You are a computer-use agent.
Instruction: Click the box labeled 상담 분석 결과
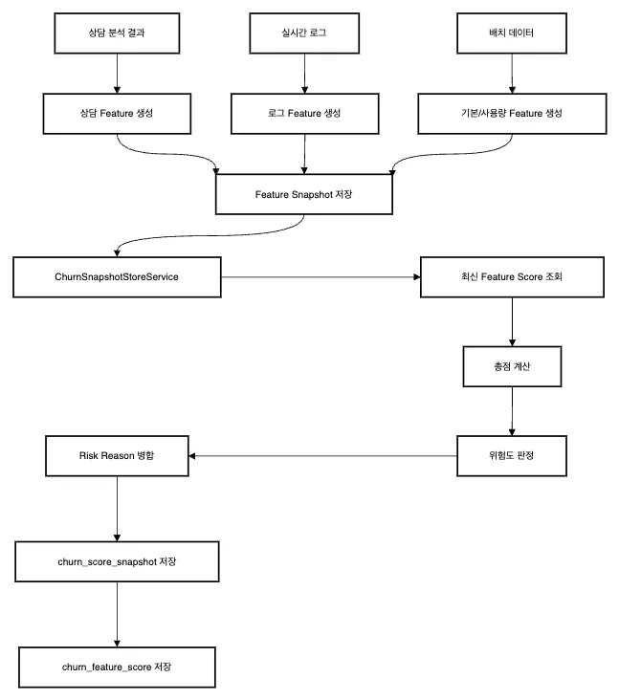117,33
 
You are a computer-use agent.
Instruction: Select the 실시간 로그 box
304,33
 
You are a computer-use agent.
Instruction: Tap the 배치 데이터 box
512,33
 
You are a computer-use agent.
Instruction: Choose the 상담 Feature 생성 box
117,114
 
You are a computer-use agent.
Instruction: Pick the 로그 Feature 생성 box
304,114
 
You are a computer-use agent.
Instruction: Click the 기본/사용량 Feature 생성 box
512,114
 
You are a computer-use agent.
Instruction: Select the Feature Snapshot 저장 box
304,194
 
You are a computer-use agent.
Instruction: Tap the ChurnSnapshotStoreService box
117,276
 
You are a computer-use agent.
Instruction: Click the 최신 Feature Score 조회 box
512,276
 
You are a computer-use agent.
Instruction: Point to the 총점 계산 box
512,366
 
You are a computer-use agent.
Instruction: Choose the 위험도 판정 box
512,456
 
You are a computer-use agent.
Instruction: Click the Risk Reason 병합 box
117,456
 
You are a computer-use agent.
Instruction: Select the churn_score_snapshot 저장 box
117,561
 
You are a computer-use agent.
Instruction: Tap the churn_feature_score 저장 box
117,667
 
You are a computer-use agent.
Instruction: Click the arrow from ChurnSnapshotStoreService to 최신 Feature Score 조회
321,277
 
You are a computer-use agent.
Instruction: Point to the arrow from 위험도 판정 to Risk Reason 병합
323,456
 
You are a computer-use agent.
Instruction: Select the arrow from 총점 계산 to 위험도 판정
512,411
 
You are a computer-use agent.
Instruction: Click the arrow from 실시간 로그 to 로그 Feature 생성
304,74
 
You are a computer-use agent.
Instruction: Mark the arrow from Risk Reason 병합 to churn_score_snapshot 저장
117,509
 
